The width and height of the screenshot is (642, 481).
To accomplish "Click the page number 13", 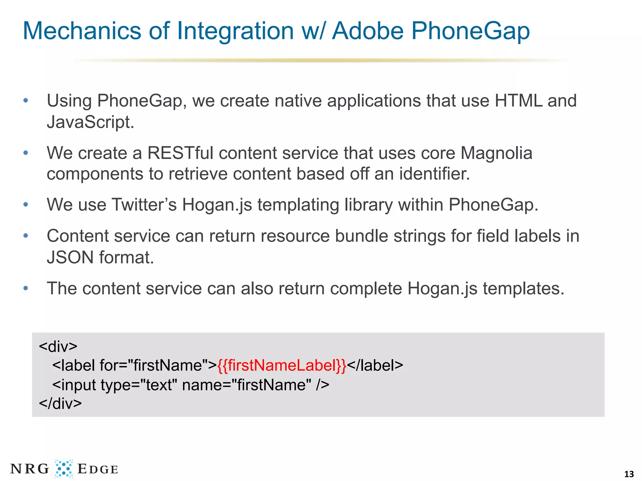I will [x=629, y=474].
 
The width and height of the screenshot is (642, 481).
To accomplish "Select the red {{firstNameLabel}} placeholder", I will [x=282, y=365].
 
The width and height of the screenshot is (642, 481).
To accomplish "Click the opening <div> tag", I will [x=58, y=346].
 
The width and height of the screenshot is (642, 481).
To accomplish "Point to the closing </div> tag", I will [x=60, y=403].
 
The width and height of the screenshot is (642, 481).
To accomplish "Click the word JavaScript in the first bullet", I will [x=90, y=122].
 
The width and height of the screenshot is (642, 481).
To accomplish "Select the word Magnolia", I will [x=496, y=153].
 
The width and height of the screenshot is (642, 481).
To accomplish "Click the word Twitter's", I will [x=145, y=205].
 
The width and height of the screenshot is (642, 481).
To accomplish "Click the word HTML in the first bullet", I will [x=518, y=101].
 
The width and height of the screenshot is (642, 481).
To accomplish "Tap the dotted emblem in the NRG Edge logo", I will [x=64, y=469].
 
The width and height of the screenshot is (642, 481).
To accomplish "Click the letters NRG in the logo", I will [x=30, y=469].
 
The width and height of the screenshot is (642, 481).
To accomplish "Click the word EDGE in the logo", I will [x=97, y=469].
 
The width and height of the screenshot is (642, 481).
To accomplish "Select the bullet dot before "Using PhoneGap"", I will [x=26, y=101].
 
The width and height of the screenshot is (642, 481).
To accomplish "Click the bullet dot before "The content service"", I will [x=26, y=288].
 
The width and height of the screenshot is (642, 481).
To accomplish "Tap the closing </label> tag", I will [x=375, y=365].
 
